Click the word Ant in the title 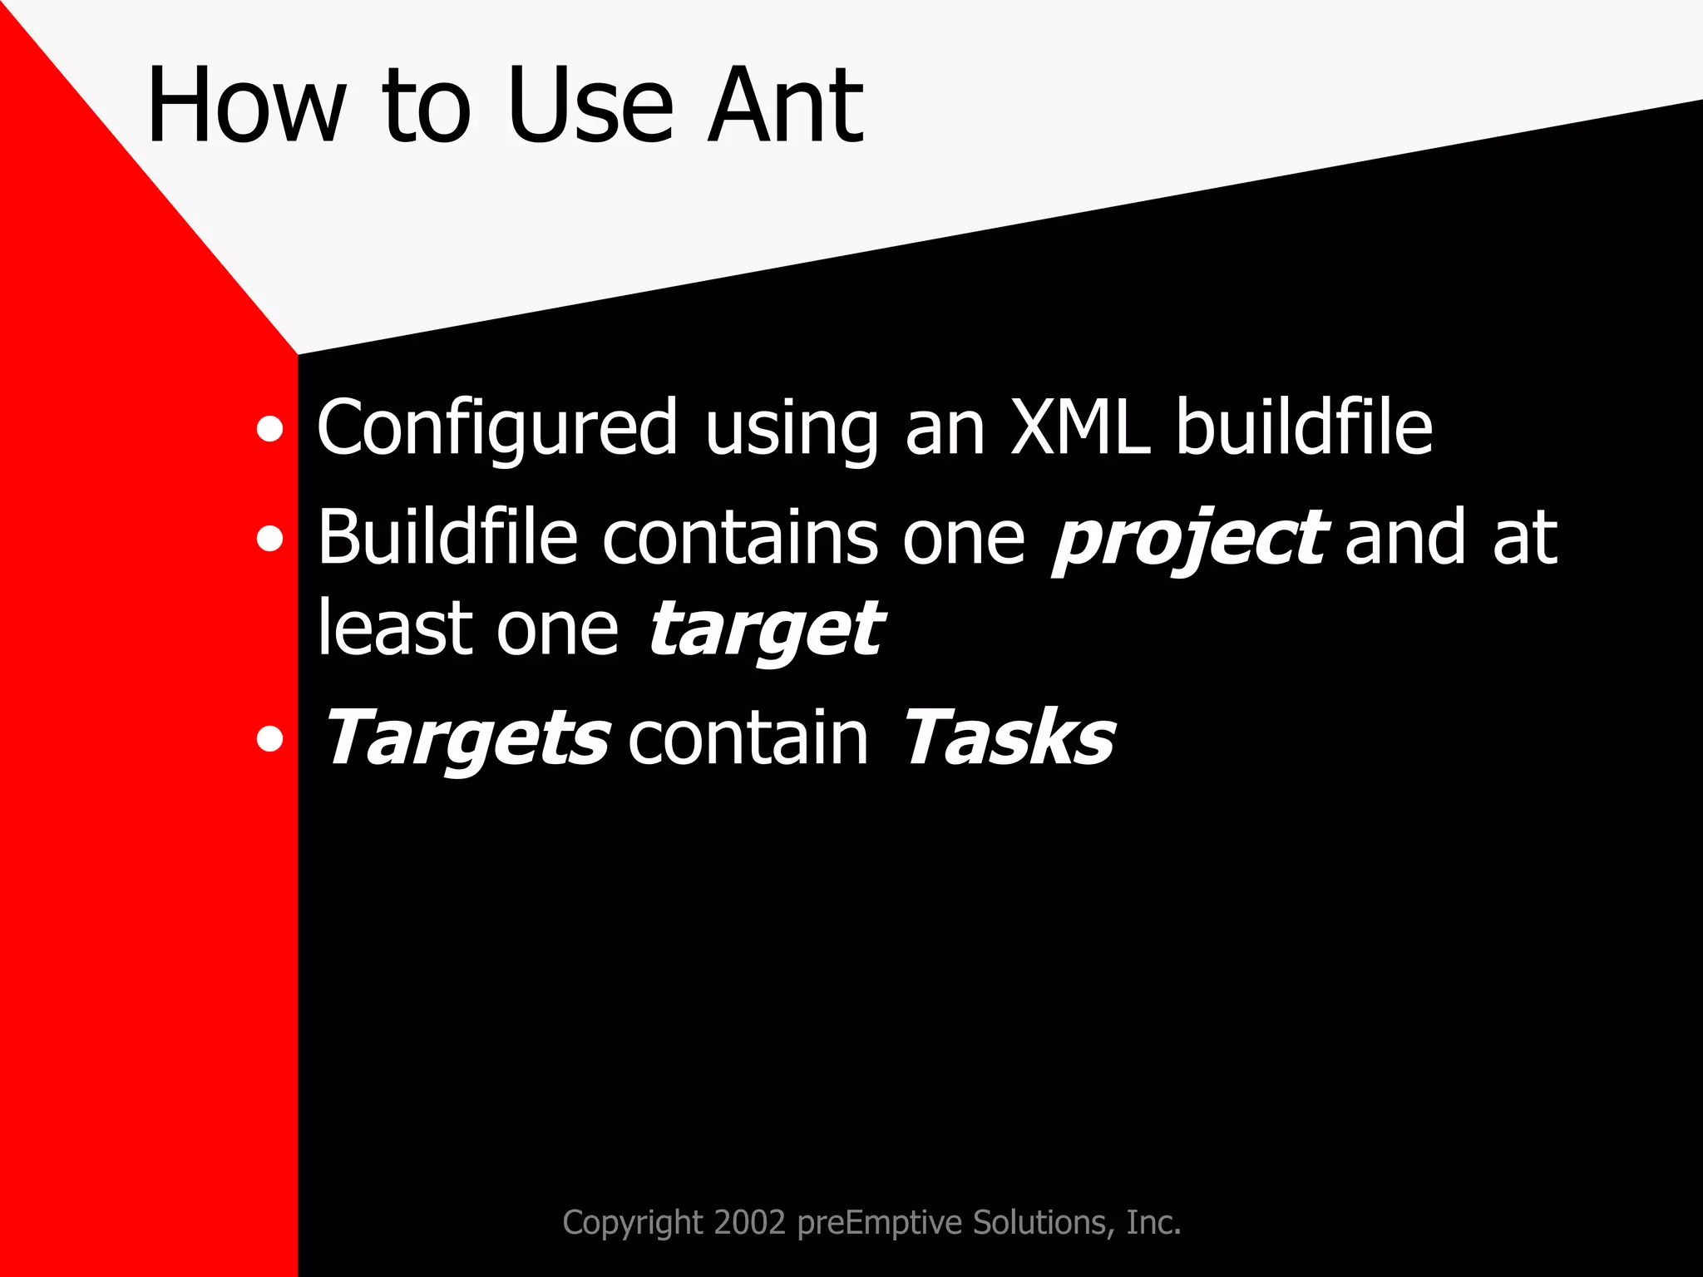(x=785, y=106)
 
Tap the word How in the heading (x=246, y=106)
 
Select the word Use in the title (x=589, y=106)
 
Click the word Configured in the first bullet (x=497, y=427)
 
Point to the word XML (x=1079, y=427)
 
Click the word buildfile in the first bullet (x=1304, y=427)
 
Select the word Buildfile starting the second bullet (x=447, y=538)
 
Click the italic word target (x=765, y=630)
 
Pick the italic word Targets (x=466, y=738)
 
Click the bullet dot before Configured (x=269, y=431)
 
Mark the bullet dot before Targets (x=269, y=738)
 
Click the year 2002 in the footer (x=749, y=1222)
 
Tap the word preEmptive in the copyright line (x=880, y=1222)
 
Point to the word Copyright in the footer (x=633, y=1222)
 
